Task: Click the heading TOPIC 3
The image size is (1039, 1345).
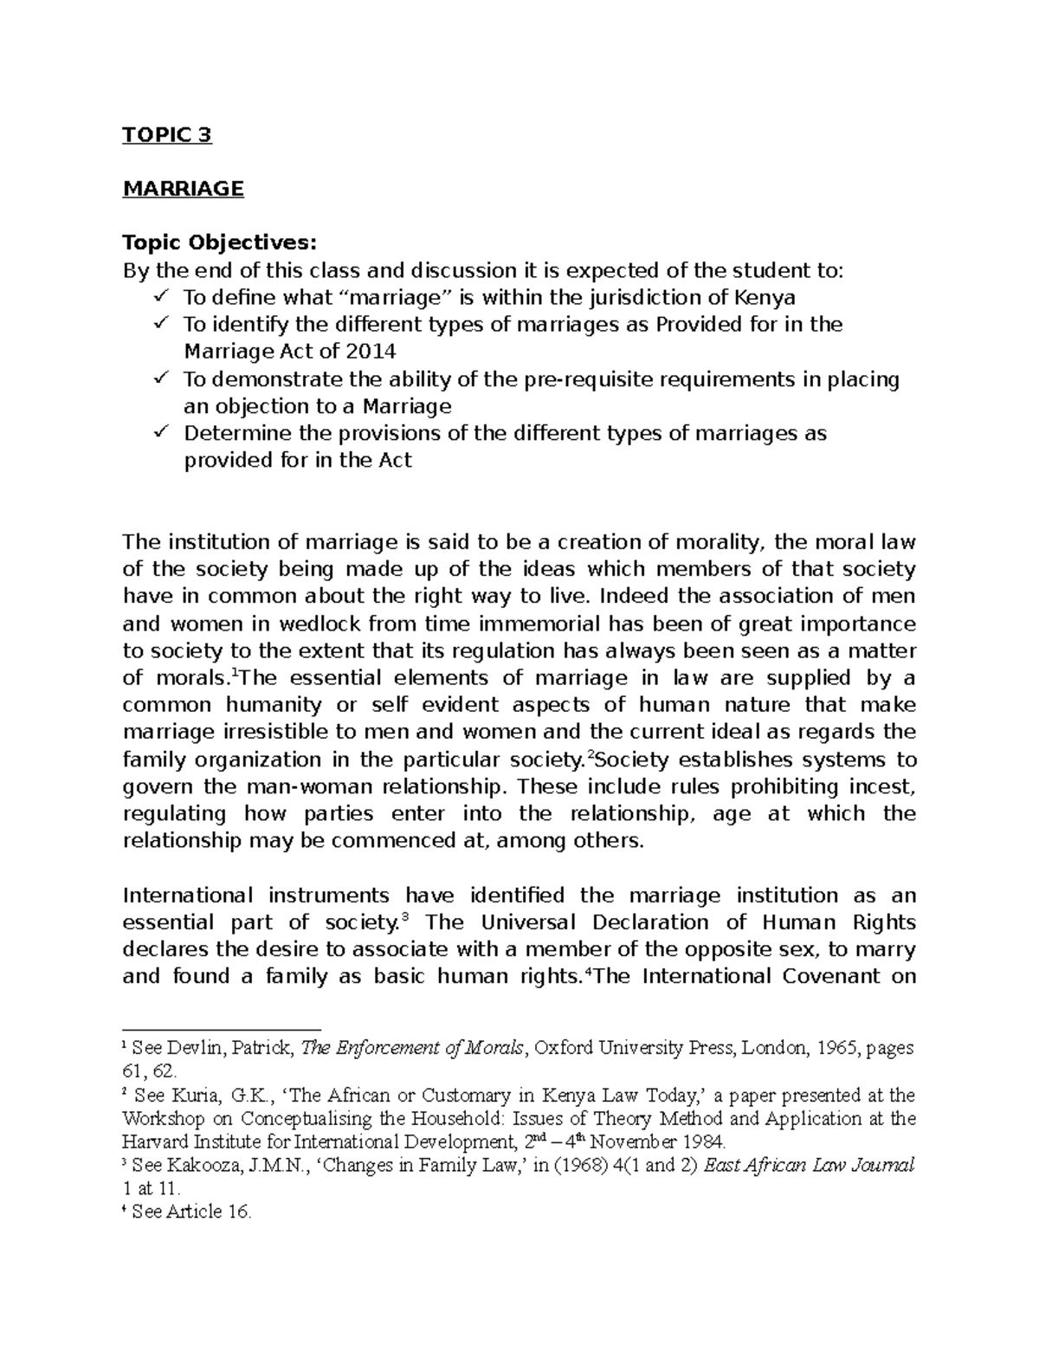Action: (167, 135)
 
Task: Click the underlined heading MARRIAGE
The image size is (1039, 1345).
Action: (183, 189)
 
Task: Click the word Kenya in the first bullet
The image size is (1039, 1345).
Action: (765, 298)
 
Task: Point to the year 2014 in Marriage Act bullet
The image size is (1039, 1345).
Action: (372, 352)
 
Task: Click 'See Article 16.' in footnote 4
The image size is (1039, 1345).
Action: (190, 1212)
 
